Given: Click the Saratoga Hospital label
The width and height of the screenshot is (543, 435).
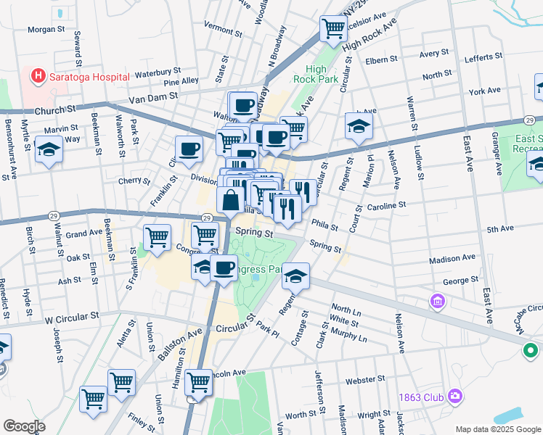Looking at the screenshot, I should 89,76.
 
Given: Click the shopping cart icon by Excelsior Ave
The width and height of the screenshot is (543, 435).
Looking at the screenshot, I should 332,29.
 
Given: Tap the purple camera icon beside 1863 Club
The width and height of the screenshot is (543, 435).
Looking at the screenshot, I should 455,396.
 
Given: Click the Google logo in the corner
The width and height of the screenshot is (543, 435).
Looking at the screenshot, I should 24,426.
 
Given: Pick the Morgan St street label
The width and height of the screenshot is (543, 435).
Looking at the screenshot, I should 47,30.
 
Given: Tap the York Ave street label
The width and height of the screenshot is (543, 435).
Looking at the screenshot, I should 485,91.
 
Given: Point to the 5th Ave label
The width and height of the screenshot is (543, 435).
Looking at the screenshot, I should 500,229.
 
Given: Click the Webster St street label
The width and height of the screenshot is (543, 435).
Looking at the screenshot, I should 364,379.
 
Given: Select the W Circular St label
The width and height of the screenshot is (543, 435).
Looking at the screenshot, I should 71,317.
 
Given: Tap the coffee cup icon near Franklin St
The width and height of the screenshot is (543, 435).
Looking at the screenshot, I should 189,149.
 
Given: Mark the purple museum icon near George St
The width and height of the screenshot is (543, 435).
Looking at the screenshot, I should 438,300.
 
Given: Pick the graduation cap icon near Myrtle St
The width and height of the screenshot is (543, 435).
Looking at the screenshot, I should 49,150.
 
